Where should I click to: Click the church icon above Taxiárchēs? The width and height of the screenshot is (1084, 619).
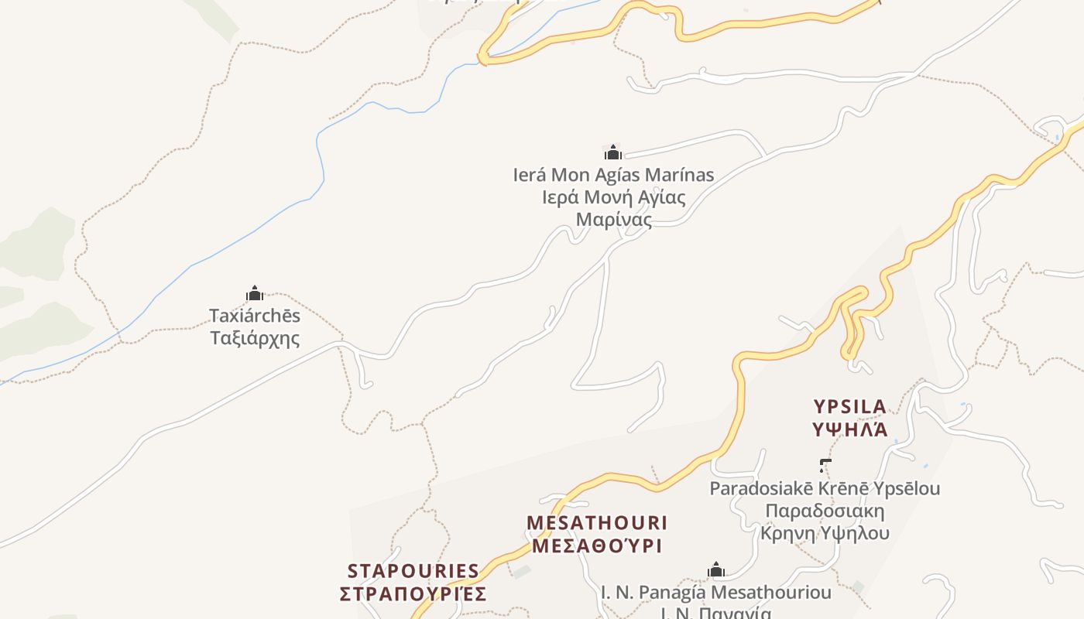(x=255, y=293)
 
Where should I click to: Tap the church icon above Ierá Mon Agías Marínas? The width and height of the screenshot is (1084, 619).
(x=613, y=152)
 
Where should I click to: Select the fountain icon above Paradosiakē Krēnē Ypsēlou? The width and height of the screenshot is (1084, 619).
(x=825, y=465)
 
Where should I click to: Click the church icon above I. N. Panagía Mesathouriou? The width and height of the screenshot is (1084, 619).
(x=716, y=571)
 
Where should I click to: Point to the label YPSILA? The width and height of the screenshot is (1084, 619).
(x=849, y=406)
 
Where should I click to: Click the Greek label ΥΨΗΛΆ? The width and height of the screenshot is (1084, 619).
(x=849, y=429)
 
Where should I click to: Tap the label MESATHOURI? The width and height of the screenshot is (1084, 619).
(x=596, y=523)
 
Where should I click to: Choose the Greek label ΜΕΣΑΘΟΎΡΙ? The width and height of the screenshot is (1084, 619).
(x=596, y=545)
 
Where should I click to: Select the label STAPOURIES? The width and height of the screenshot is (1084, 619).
(x=413, y=571)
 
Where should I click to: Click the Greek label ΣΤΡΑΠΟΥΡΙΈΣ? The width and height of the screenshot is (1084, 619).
(x=413, y=593)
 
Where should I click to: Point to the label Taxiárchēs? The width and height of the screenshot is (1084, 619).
(x=255, y=316)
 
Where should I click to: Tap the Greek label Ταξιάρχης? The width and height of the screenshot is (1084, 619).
(x=255, y=338)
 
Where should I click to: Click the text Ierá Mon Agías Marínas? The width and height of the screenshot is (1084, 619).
(x=613, y=175)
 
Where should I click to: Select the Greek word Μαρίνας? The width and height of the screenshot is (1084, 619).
(x=613, y=219)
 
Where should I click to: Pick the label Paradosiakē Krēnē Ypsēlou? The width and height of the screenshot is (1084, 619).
(x=825, y=488)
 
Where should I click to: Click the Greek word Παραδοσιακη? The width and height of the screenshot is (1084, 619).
(x=825, y=511)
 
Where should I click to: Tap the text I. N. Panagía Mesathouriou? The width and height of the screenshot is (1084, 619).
(x=716, y=593)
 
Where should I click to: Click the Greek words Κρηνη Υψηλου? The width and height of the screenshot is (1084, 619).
(x=825, y=533)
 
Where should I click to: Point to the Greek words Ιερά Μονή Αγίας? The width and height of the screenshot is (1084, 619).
(x=613, y=197)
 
